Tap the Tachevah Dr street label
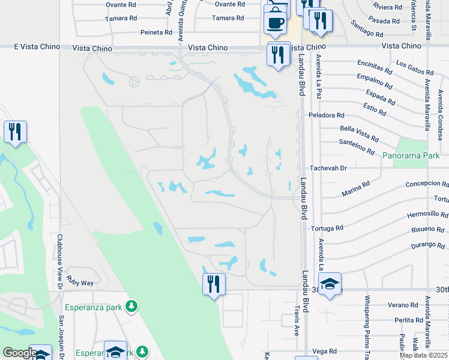(328, 169)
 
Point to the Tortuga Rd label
(327, 229)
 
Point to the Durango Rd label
(429, 245)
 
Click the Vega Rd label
(324, 352)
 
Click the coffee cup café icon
(275, 23)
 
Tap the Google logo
(20, 353)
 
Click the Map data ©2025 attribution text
(423, 355)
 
